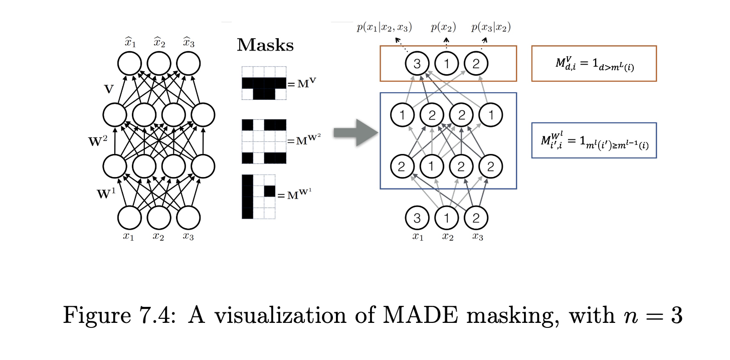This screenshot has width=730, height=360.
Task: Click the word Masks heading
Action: coord(265,46)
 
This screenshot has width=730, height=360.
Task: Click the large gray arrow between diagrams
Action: coord(355,132)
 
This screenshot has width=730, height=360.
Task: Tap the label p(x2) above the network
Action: coord(443,28)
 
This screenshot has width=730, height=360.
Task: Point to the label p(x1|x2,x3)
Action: coord(384,28)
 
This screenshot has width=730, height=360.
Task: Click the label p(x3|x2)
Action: coord(491,28)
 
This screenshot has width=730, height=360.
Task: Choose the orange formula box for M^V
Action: coord(594,63)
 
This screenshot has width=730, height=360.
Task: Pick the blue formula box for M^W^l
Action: coord(594,140)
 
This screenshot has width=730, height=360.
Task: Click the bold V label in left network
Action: coord(109,89)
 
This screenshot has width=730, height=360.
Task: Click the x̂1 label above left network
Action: coord(130,43)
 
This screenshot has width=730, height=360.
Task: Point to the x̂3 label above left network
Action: coord(189,43)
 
